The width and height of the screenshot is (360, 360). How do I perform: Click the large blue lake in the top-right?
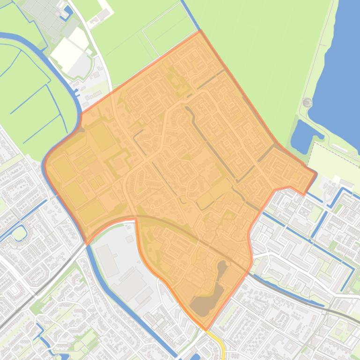coord(339,70)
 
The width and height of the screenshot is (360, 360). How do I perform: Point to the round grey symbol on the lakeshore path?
coord(307,102)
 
